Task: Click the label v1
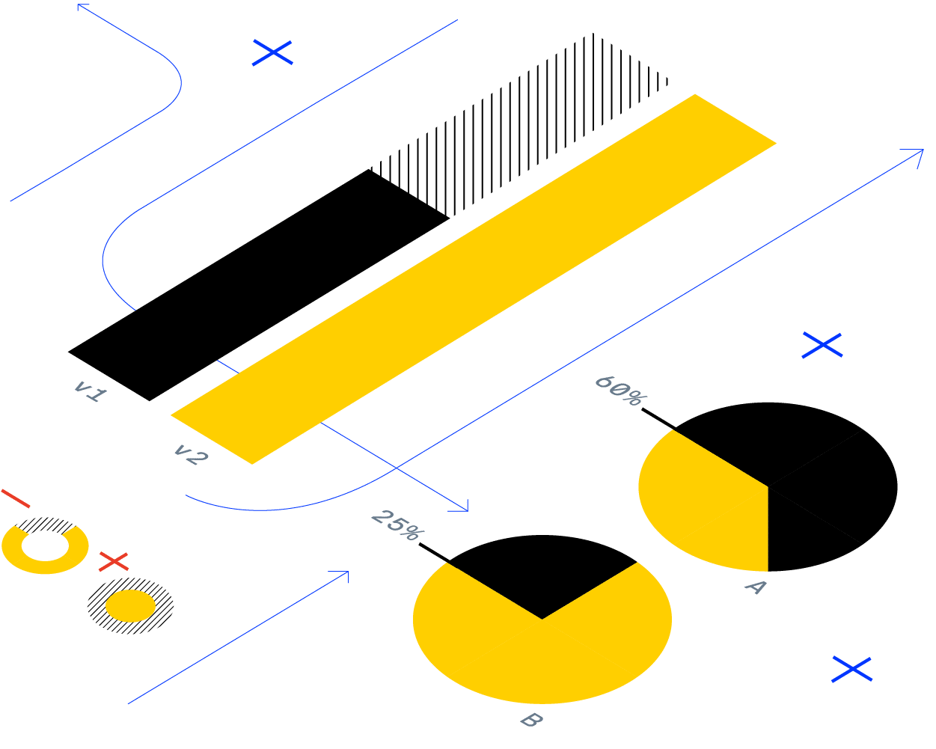pos(90,391)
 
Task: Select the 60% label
pos(619,391)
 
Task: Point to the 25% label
pos(397,524)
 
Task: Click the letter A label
pos(755,587)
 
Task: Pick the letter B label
pos(530,721)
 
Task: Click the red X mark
pos(114,561)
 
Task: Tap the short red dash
pos(16,498)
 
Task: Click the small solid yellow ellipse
pos(130,605)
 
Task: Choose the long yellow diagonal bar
pos(473,278)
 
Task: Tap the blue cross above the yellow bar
pos(272,52)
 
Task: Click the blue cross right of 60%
pos(822,345)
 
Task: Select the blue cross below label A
pos(851,669)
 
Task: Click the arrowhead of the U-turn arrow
pos(79,6)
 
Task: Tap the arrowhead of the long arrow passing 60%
pos(921,151)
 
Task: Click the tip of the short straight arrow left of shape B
pos(347,572)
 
